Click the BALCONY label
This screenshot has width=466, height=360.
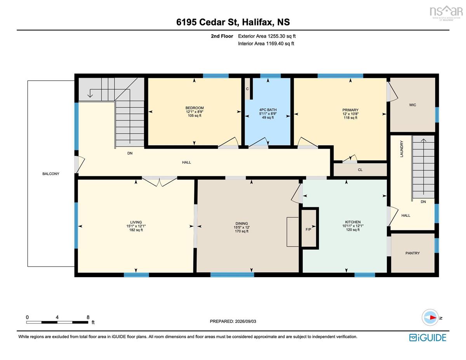click(50, 174)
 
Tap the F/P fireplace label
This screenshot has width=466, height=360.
click(308, 230)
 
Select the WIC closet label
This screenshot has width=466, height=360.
click(412, 105)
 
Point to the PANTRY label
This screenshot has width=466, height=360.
click(412, 253)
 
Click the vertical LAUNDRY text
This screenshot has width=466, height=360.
click(402, 149)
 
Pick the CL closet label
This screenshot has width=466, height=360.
click(360, 170)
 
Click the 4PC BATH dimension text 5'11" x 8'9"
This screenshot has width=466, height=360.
click(268, 114)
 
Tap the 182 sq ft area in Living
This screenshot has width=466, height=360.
click(136, 230)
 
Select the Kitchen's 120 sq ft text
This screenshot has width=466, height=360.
click(353, 230)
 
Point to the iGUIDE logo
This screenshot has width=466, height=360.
click(428, 337)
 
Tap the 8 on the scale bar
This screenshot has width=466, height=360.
click(88, 317)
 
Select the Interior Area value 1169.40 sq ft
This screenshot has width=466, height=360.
click(280, 43)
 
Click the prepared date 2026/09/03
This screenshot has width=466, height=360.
click(245, 321)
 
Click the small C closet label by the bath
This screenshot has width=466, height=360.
click(247, 89)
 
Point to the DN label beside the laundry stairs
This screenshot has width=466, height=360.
click(423, 202)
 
